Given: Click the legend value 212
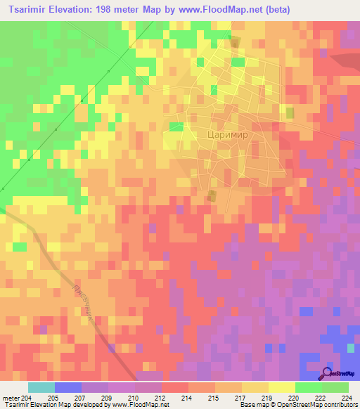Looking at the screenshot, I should (161, 397).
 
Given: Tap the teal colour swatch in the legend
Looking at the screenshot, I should (41, 387).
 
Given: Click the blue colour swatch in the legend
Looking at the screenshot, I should (68, 387).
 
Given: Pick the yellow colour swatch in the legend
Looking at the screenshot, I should (281, 387).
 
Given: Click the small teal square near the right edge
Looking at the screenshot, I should (351, 347).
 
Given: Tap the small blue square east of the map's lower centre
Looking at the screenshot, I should (306, 311).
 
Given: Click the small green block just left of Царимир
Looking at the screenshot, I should (176, 126).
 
